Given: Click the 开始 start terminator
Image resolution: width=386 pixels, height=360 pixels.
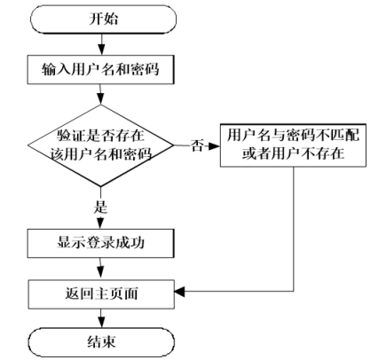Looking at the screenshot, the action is pos(103,20).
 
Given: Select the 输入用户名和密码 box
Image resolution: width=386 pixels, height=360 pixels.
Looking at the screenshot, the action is pos(101,69).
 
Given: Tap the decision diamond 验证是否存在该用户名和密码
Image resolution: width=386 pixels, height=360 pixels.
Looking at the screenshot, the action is pos(100,145).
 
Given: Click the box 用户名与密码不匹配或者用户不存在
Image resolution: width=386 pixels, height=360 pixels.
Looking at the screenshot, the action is pos(293,145).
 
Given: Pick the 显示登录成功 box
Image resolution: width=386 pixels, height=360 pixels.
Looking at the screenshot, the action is pos(101,243).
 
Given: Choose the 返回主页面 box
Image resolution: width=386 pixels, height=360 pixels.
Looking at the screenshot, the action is pos(101,294).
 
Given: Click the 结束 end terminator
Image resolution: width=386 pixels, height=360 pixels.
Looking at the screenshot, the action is pos(101,342).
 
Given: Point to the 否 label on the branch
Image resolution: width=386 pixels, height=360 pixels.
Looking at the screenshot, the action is pos(197,145).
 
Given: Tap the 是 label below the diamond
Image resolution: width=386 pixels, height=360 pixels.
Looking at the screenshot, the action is pos(100,207).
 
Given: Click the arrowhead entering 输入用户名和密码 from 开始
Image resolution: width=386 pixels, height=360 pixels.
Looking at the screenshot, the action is pos(101,50).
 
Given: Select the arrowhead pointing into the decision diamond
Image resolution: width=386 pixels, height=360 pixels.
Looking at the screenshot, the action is pos(100,99).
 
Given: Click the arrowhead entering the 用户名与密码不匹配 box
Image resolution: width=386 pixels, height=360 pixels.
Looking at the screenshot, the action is pos(215,145).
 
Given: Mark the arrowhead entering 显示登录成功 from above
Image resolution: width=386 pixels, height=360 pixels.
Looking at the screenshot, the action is pos(100,223).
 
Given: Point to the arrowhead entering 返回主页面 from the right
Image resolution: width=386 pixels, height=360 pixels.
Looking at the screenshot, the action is pos(179,292).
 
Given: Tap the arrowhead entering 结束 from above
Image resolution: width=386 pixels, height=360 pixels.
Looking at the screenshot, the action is pos(101,323).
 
